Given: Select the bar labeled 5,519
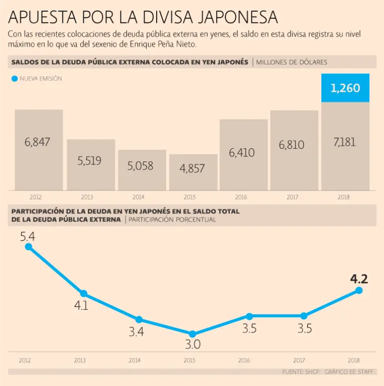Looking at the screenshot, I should click(91, 165).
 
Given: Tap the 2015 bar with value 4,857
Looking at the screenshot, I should click(193, 172).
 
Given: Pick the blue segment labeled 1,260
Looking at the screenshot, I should click(345, 88).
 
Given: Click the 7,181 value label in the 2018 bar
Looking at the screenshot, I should click(344, 142).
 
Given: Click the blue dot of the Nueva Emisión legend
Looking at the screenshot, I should click(14, 79).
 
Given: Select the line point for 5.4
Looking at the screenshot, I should click(28, 247).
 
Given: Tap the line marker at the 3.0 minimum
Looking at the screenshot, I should click(192, 334).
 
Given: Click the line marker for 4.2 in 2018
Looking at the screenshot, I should click(359, 290).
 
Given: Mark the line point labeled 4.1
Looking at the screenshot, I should click(83, 294).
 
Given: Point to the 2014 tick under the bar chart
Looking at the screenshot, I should click(139, 197).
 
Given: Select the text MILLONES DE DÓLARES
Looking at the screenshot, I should click(291, 62).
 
